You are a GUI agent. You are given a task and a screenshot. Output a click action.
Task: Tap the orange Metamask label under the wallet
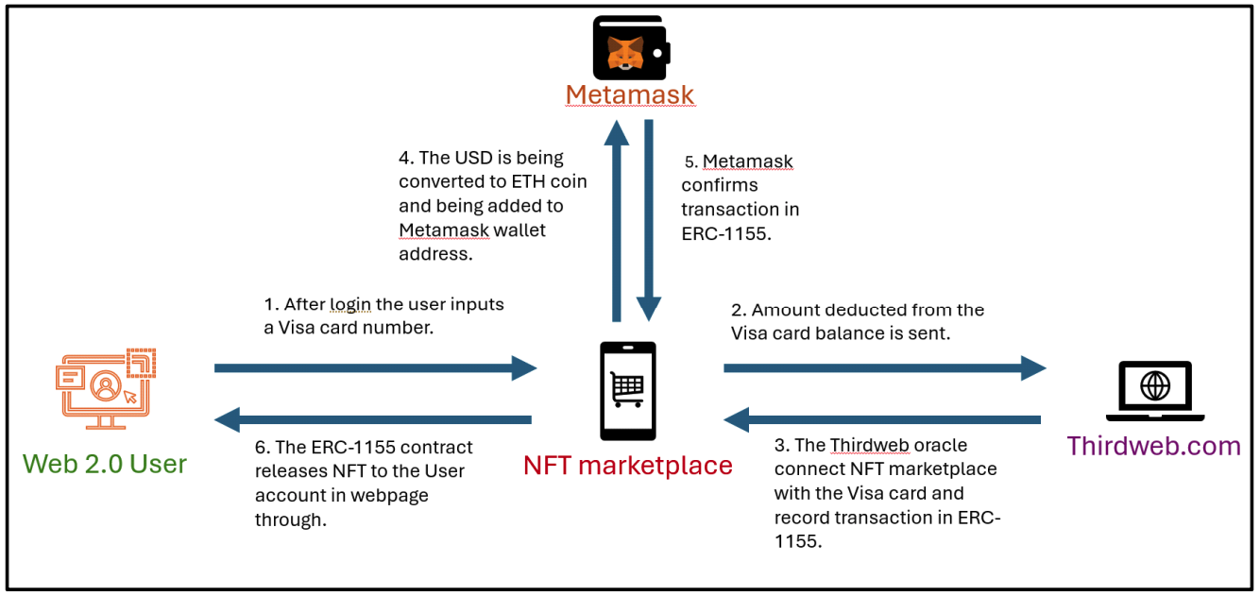(x=630, y=95)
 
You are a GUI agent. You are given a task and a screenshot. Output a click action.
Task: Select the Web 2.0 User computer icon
(x=105, y=387)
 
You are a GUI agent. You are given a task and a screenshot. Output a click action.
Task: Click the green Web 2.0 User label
(x=105, y=464)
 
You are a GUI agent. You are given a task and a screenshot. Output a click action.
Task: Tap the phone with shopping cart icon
(x=628, y=391)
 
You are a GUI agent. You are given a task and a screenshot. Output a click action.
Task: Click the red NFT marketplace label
(x=628, y=465)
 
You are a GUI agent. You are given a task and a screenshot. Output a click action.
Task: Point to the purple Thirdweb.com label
(x=1153, y=446)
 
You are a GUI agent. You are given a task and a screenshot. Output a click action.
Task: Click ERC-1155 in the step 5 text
(x=726, y=234)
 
